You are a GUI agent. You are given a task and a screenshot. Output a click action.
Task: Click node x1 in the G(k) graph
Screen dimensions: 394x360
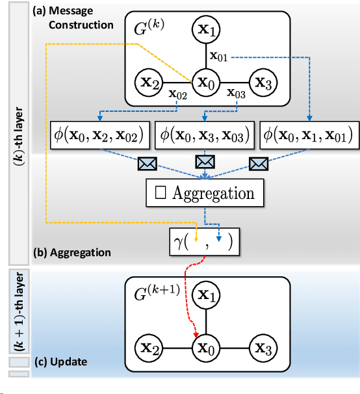pyautogui.click(x=207, y=29)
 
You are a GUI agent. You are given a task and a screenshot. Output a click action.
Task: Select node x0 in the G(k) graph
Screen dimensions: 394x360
pyautogui.click(x=207, y=83)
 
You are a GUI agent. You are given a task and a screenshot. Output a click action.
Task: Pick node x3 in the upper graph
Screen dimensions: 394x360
pyautogui.click(x=263, y=83)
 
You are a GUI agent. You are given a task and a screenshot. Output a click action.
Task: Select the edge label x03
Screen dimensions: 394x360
pyautogui.click(x=237, y=95)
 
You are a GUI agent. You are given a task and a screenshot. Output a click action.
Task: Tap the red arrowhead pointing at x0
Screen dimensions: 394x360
pyautogui.click(x=196, y=335)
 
